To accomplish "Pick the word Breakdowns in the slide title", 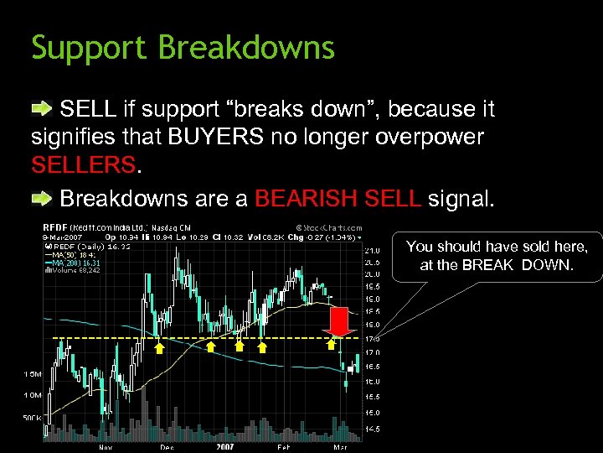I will [x=247, y=48].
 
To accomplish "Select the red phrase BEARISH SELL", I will [x=338, y=199].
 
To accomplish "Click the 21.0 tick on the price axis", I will [x=371, y=249].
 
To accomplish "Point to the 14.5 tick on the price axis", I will [x=371, y=429].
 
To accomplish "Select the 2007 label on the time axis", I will [x=224, y=447].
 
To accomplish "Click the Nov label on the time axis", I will [x=106, y=447].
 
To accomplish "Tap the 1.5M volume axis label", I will [x=33, y=373].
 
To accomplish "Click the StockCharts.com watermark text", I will [x=329, y=226].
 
